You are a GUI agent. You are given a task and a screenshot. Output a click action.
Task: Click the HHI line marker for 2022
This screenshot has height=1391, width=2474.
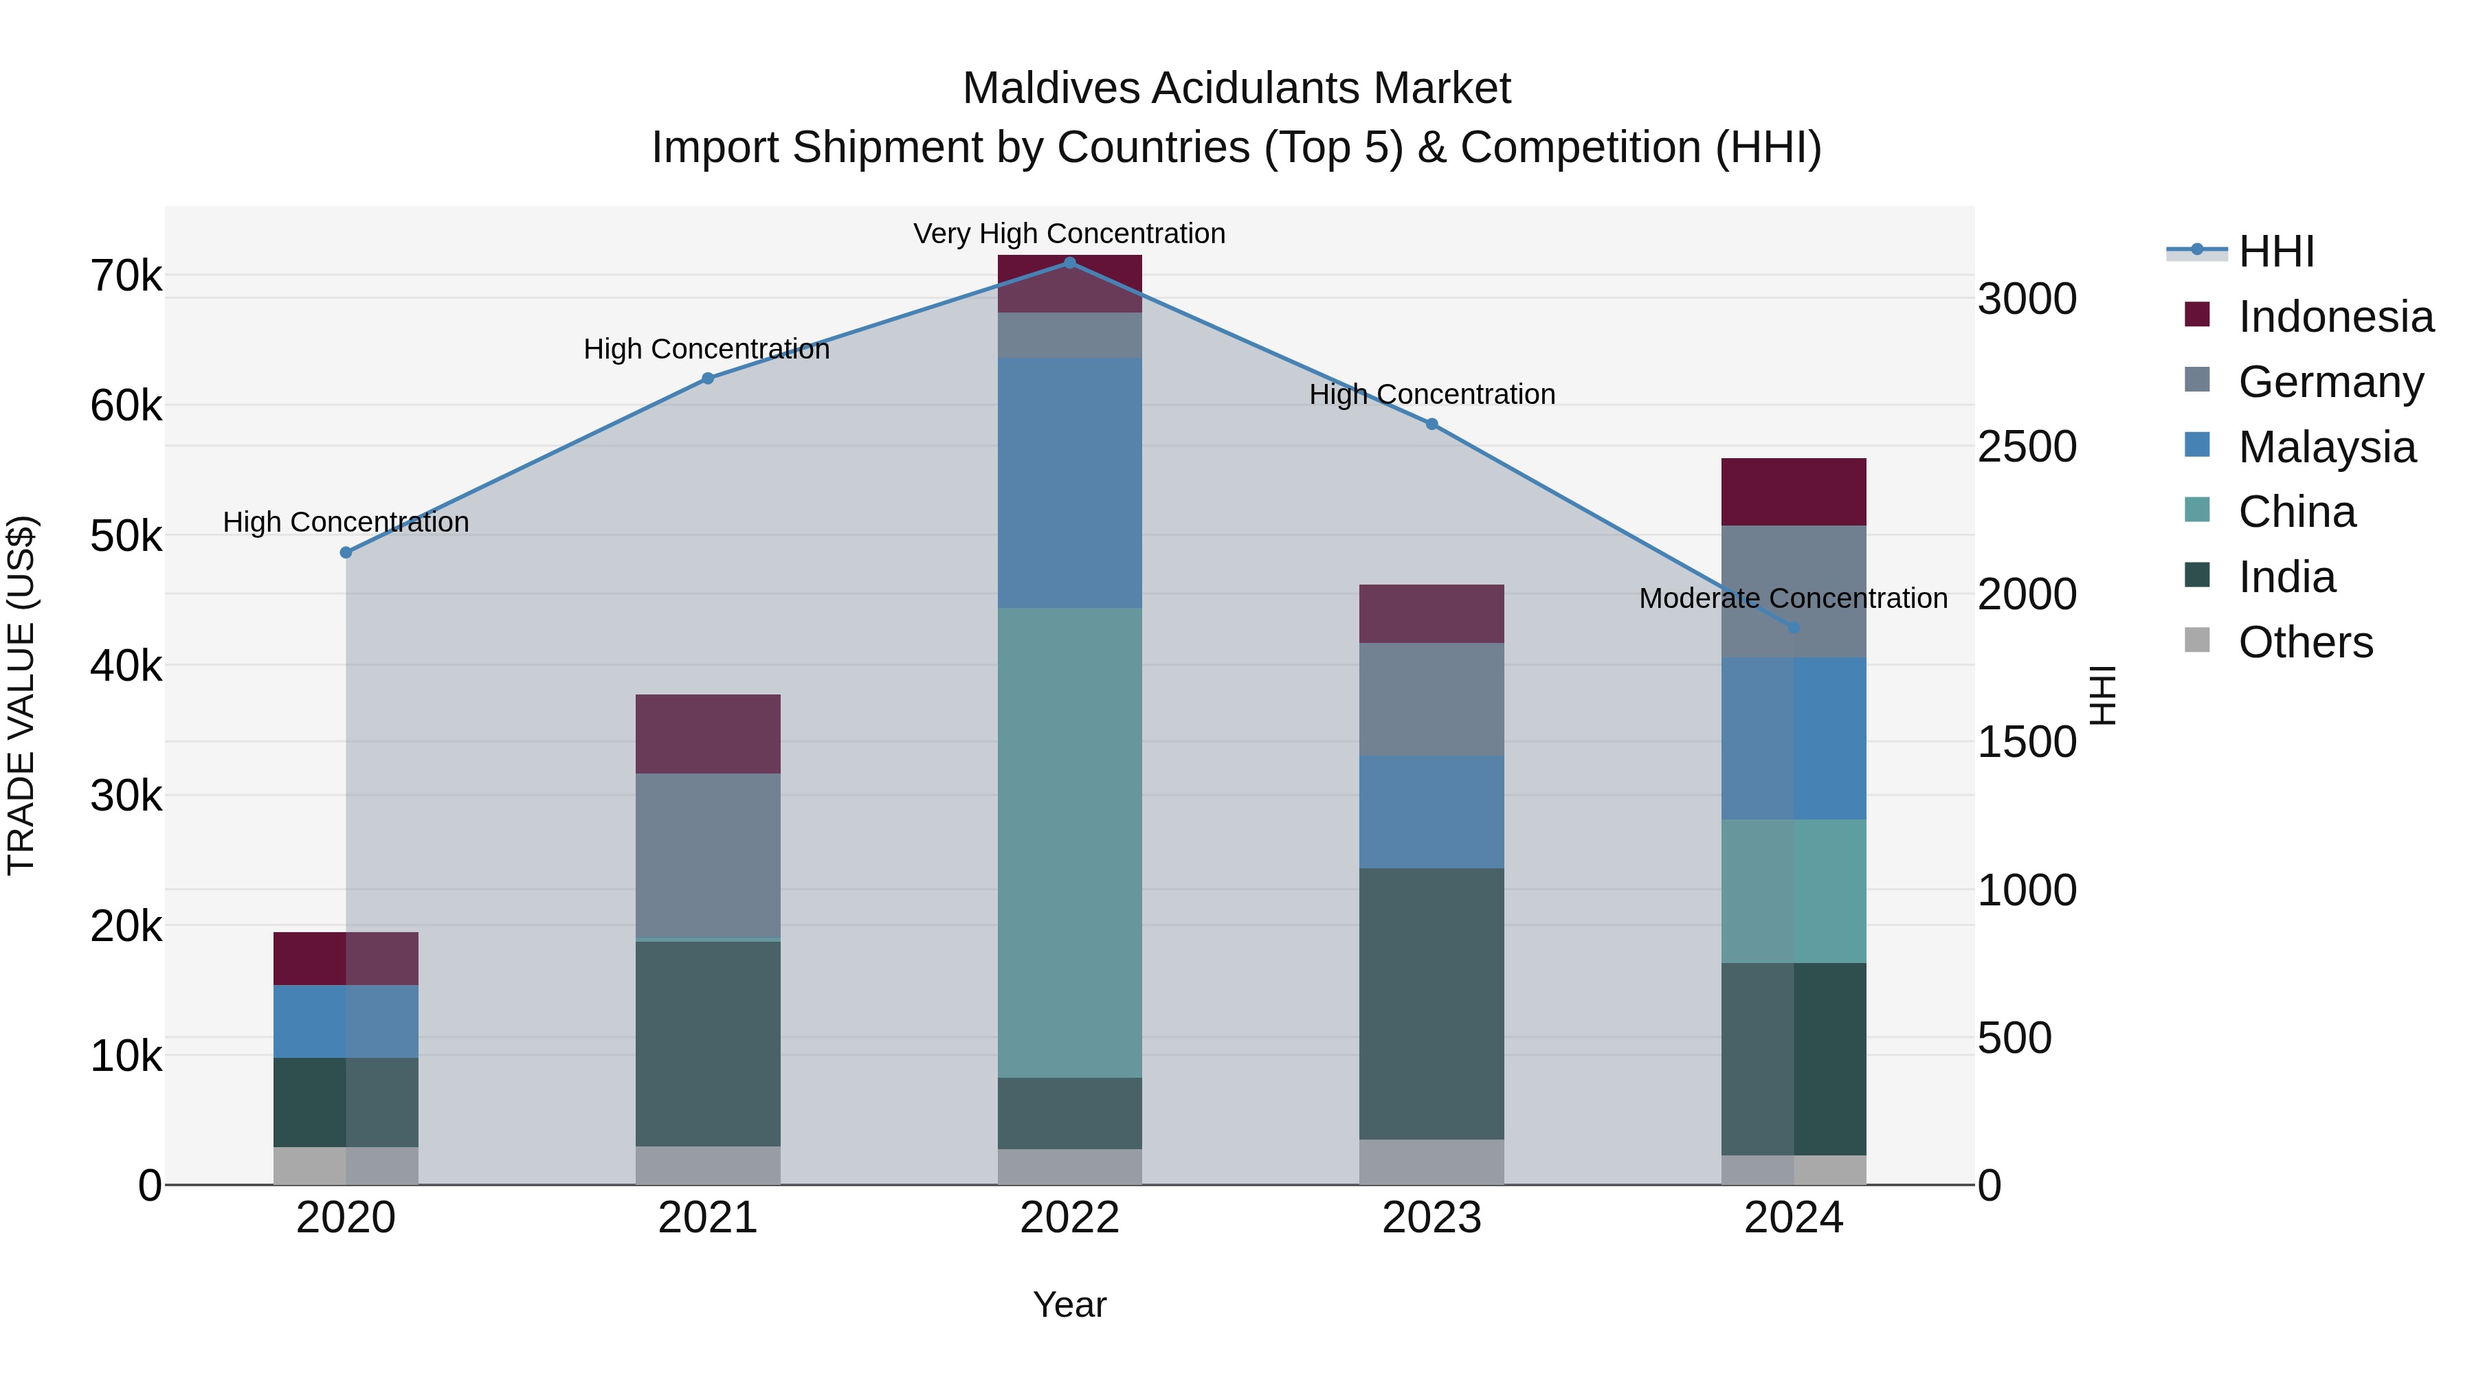1070,263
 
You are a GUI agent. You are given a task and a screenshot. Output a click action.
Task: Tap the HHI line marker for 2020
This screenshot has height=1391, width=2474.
346,553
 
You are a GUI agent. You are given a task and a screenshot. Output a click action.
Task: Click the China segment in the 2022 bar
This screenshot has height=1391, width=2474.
1070,843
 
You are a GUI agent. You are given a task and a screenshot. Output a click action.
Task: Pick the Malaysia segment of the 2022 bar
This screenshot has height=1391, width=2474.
1070,483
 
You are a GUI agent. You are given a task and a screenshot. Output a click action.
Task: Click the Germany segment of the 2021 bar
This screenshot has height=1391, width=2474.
708,855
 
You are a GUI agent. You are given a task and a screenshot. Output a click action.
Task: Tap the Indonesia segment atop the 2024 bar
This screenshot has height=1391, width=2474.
1793,492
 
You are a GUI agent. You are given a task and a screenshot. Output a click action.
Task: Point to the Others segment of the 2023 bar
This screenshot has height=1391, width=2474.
1431,1162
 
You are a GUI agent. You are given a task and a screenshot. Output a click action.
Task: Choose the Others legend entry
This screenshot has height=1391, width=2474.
2304,642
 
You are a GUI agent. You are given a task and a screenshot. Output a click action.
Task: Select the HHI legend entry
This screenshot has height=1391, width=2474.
2275,251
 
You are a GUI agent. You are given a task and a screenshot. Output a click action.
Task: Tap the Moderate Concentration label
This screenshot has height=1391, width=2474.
1792,599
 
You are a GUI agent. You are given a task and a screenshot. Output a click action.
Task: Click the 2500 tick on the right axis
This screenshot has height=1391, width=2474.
2027,447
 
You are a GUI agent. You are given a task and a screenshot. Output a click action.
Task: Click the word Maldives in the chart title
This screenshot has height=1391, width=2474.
1051,89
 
